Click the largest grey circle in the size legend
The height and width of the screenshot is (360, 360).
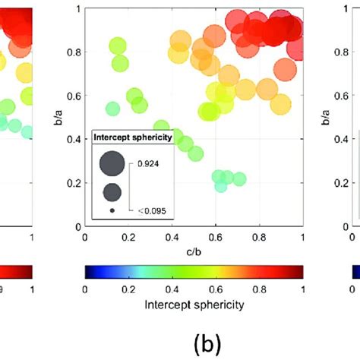click(x=111, y=163)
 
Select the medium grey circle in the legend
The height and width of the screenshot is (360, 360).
click(x=111, y=191)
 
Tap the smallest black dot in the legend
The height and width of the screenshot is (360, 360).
click(x=112, y=210)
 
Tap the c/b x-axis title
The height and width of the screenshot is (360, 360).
click(x=194, y=251)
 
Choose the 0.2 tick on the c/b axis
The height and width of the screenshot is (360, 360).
click(x=128, y=238)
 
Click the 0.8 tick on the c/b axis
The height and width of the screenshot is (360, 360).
click(x=259, y=238)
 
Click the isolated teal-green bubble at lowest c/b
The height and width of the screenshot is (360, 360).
click(x=112, y=109)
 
